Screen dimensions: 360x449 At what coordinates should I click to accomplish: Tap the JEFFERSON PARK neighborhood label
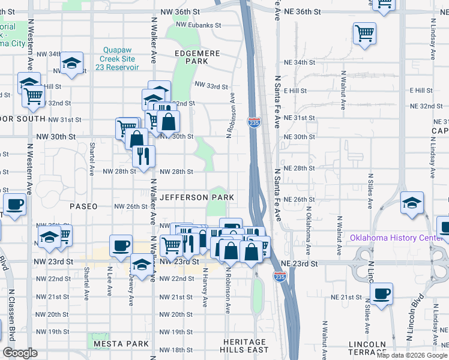coord(197,197)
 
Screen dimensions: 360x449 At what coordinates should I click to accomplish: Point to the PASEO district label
coord(83,206)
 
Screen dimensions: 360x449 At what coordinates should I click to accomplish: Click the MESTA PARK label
coord(121,344)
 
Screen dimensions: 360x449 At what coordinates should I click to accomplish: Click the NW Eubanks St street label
coord(199,25)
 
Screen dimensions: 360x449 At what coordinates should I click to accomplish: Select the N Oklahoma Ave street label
coord(308,230)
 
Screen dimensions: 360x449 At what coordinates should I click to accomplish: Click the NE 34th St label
coord(300,62)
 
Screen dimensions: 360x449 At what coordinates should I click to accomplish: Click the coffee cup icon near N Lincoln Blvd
coord(382,295)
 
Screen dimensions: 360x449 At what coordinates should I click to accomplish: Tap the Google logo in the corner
coord(20,353)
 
